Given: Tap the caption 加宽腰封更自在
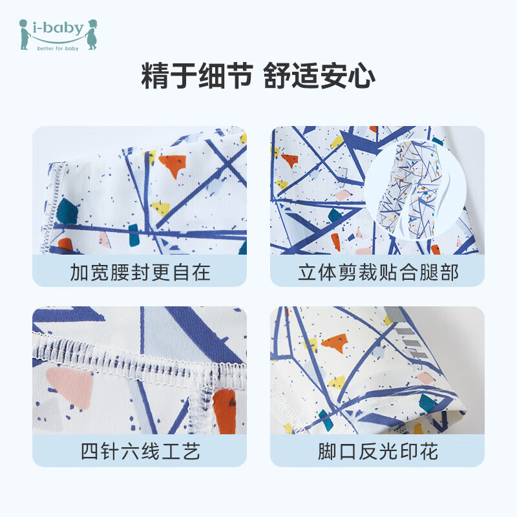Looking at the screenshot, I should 140,272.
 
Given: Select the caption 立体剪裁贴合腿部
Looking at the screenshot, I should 377,272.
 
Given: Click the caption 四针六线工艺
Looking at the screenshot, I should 140,452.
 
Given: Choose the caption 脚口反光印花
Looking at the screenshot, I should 377,452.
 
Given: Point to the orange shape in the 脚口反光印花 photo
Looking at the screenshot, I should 335,343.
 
